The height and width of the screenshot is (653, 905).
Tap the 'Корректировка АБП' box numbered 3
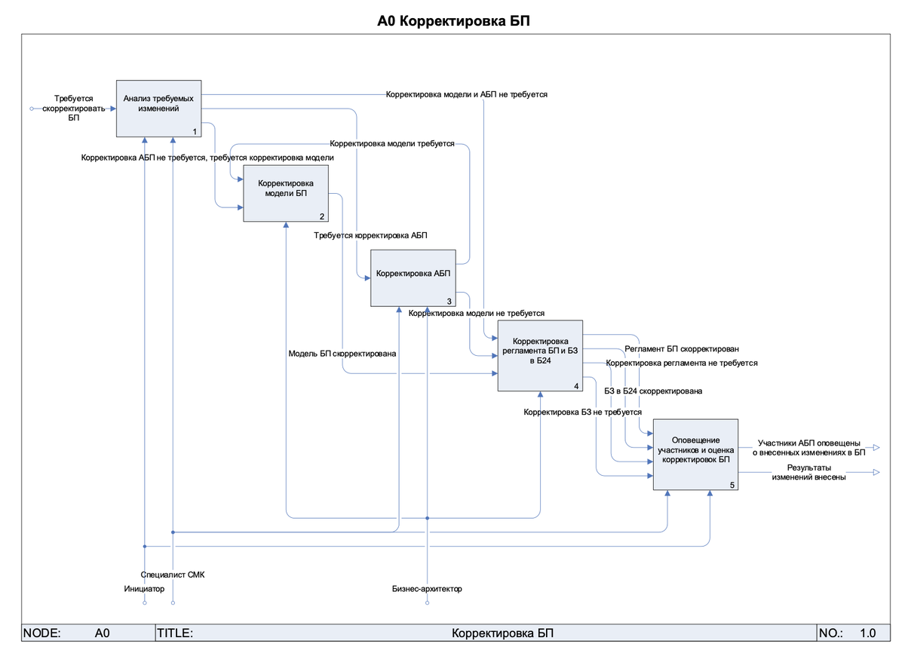pyautogui.click(x=413, y=277)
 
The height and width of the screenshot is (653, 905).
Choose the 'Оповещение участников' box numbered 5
pyautogui.click(x=695, y=454)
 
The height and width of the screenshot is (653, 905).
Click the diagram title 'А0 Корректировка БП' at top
pyautogui.click(x=453, y=21)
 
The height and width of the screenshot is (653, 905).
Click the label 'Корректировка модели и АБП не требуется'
pyautogui.click(x=466, y=95)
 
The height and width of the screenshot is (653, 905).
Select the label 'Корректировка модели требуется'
pyautogui.click(x=392, y=143)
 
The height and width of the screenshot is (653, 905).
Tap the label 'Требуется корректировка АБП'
pyautogui.click(x=370, y=236)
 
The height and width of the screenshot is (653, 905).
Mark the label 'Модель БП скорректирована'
pyautogui.click(x=342, y=353)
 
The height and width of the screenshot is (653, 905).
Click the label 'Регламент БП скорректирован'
pyautogui.click(x=682, y=349)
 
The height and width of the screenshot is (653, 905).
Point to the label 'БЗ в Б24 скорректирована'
pyautogui.click(x=653, y=391)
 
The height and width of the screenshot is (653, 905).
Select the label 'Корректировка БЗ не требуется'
pyautogui.click(x=582, y=412)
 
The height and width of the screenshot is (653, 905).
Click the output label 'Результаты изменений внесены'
pyautogui.click(x=808, y=472)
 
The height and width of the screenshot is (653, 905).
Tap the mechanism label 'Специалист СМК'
pyautogui.click(x=173, y=575)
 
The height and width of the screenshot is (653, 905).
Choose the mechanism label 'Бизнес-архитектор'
pyautogui.click(x=427, y=589)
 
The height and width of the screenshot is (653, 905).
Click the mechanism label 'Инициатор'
pyautogui.click(x=144, y=589)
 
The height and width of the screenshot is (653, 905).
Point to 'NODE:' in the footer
pyautogui.click(x=43, y=633)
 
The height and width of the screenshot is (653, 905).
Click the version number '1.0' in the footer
pyautogui.click(x=867, y=633)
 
